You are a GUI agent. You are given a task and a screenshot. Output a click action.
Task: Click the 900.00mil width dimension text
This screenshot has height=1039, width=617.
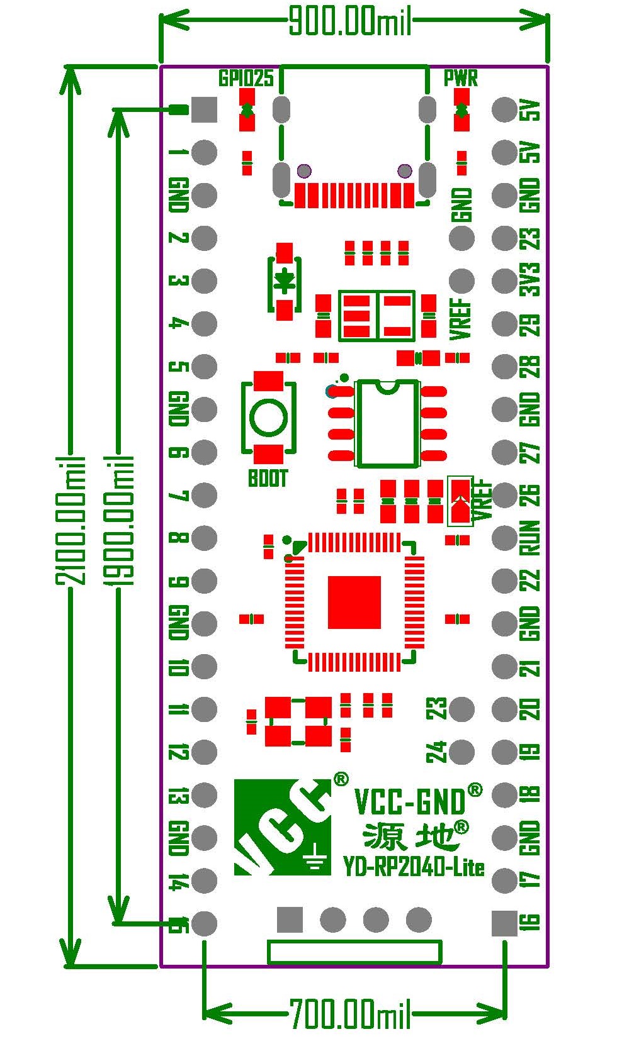point(350,22)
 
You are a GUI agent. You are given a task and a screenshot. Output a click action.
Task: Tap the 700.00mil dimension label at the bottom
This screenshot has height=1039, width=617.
point(350,1014)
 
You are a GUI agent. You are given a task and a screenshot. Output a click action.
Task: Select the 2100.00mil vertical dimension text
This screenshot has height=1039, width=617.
point(71,520)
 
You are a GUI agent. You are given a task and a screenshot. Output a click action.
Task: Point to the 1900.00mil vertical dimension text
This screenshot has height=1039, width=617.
point(119,520)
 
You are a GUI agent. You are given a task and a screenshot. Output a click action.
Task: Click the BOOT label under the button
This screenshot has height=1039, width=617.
point(268,479)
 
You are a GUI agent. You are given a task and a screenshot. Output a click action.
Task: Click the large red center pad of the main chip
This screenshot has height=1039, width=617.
point(354,602)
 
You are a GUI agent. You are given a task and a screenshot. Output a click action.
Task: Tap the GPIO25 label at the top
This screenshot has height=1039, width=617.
point(246,78)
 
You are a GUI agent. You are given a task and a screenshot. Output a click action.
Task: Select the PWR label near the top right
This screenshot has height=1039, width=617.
point(460,78)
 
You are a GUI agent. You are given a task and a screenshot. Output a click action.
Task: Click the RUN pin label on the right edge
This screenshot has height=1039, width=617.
point(531,537)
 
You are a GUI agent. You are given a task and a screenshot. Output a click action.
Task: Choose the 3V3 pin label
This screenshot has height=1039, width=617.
point(531,280)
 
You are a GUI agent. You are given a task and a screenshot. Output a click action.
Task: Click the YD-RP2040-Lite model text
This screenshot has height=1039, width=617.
point(414,867)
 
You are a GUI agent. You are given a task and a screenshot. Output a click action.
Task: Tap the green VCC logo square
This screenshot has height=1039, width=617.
point(282,827)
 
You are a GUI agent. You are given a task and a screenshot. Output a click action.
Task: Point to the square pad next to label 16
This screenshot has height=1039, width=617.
point(504,923)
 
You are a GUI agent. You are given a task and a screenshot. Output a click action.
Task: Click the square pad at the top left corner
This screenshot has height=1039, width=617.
point(204,109)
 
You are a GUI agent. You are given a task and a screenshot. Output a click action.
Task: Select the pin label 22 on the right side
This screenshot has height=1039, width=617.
point(531,580)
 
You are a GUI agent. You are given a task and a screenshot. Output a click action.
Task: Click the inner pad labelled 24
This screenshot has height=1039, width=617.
point(461,752)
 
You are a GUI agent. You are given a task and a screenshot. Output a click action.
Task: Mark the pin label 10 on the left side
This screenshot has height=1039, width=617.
point(179,667)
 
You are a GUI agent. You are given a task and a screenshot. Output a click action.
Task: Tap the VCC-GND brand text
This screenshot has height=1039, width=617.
point(410,801)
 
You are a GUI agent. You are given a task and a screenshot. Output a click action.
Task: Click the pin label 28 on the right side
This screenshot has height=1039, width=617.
point(531,366)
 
